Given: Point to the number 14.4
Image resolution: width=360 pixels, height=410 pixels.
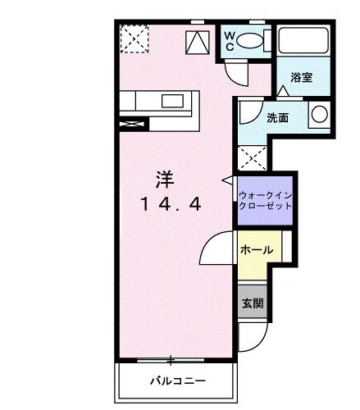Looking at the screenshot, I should click(x=171, y=205).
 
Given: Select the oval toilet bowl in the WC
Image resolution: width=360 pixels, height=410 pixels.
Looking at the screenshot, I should click(x=253, y=40).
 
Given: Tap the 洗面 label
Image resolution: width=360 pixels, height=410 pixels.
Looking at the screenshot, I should click(x=277, y=117).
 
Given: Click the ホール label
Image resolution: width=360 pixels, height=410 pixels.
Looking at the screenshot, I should click(x=257, y=249).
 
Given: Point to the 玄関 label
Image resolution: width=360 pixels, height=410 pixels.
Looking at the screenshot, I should click(x=253, y=303).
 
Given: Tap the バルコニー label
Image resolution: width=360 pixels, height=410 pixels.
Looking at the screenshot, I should click(x=177, y=381).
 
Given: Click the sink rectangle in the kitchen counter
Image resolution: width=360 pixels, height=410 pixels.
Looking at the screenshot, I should click(x=172, y=102).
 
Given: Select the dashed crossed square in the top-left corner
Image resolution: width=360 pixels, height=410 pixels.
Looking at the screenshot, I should click(x=132, y=38).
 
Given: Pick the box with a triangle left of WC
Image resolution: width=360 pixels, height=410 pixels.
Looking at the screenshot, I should click(x=198, y=42).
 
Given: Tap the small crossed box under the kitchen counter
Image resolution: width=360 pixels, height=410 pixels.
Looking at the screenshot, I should click(x=131, y=124).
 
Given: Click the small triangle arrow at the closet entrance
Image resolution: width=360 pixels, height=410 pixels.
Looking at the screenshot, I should click(x=227, y=178).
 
